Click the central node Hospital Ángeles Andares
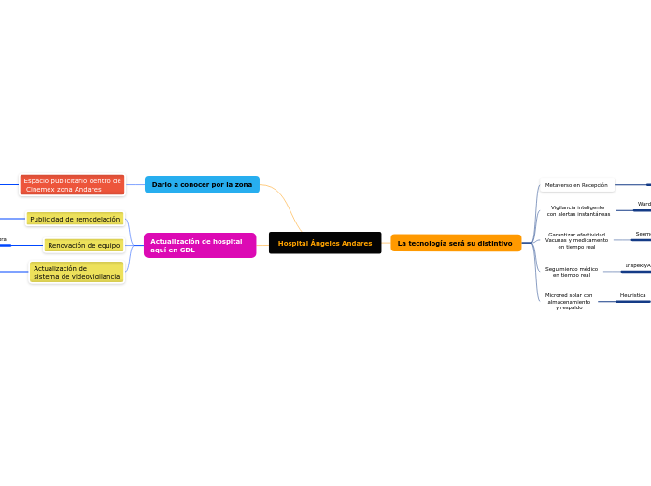324,243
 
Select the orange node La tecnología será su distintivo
455,243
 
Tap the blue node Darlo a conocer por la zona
202,184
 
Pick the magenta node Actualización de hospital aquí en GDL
199,246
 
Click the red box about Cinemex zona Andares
72,185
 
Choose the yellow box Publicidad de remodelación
75,219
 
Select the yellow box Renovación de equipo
83,245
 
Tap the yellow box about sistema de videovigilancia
77,272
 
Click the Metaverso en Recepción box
576,185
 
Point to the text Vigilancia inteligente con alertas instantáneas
578,210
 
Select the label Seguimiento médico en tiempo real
572,272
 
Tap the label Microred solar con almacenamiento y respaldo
569,301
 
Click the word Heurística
632,295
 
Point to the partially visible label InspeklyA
638,265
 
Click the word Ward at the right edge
644,204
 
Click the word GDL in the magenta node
187,250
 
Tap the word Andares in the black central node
354,243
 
